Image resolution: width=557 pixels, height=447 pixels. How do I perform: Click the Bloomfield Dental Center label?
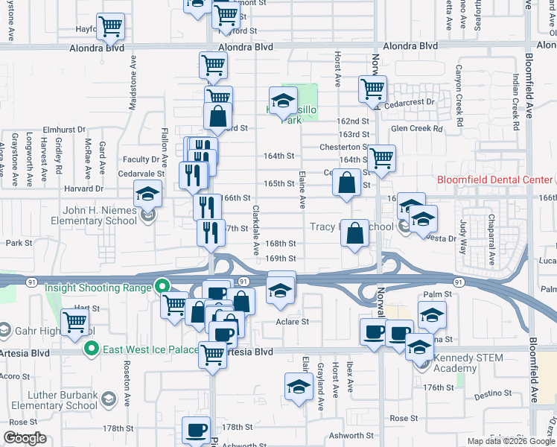[x=495, y=180]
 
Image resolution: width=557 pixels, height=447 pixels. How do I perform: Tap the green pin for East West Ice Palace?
[x=92, y=348]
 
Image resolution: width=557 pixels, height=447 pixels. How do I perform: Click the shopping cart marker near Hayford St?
[x=110, y=28]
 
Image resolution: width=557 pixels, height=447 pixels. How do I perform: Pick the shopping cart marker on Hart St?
[x=75, y=322]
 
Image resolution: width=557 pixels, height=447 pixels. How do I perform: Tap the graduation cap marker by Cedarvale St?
[x=148, y=195]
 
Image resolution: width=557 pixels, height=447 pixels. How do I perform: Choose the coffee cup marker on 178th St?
[x=197, y=430]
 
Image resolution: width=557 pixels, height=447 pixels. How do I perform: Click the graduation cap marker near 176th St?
[x=299, y=387]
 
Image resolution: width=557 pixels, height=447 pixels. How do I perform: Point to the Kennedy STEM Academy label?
[x=468, y=364]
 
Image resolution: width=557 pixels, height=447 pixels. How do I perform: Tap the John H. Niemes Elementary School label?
[x=95, y=215]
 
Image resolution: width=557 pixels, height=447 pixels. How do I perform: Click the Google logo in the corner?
[x=25, y=438]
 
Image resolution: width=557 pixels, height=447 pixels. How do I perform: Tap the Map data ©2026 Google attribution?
[x=510, y=441]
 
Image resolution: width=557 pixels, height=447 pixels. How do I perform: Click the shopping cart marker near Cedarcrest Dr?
[x=372, y=89]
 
